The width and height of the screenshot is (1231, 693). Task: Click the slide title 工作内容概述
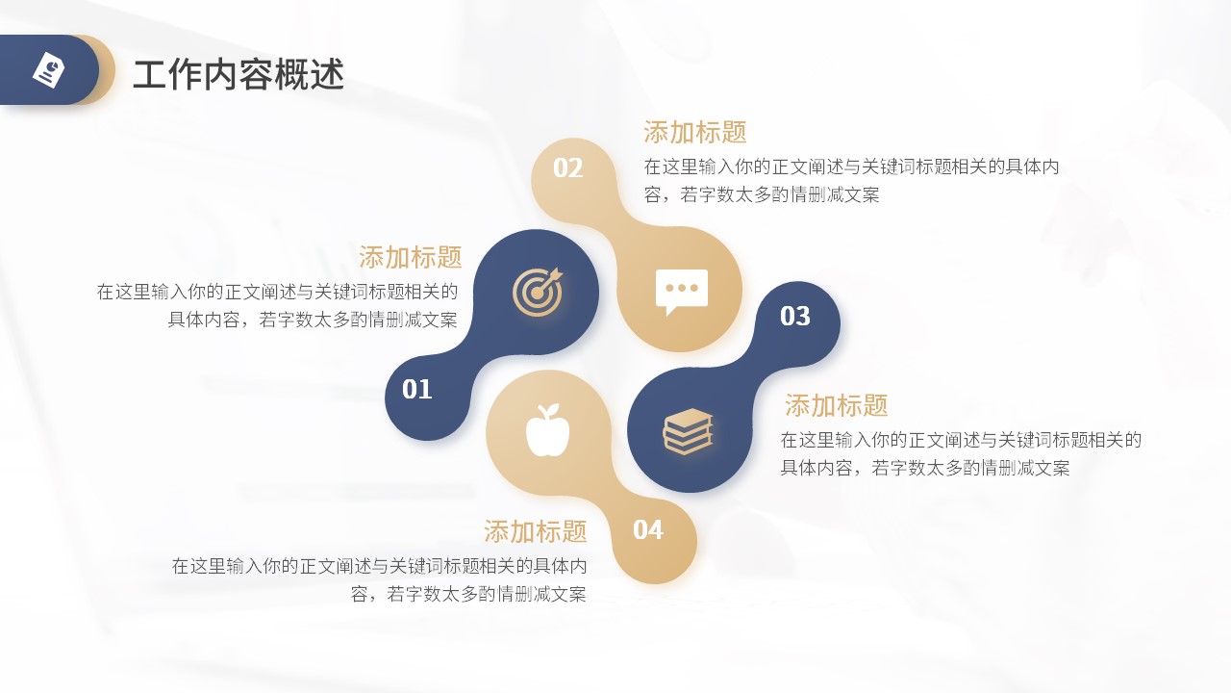click(239, 74)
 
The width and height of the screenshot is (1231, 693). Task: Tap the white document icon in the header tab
click(48, 70)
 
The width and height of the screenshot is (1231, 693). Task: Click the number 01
click(416, 390)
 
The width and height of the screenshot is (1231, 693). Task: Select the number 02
click(567, 167)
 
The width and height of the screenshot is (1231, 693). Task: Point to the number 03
click(794, 317)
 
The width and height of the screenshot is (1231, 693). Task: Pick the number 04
click(648, 529)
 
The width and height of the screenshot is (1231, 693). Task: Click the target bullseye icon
click(538, 292)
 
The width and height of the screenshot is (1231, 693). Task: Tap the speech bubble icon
click(682, 292)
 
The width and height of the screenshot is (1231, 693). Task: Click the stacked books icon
click(688, 431)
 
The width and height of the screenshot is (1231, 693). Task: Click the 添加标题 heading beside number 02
click(695, 132)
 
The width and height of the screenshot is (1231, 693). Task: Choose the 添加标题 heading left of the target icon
click(411, 257)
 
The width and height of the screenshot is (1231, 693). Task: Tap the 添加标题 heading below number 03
click(836, 405)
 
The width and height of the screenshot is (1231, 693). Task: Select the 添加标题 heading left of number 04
click(536, 531)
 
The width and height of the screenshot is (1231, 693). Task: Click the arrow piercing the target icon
click(549, 279)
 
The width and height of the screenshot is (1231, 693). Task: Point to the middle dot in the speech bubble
click(682, 288)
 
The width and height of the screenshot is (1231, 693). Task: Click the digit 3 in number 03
click(803, 317)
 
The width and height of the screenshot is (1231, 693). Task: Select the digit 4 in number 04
click(656, 529)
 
